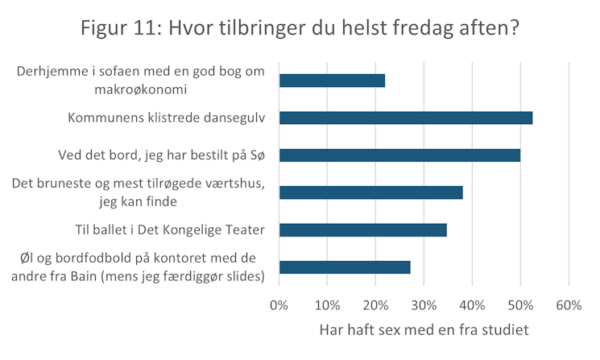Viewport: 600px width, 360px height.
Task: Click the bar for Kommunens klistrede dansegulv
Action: (x=406, y=118)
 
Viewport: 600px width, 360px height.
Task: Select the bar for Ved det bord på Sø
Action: (x=399, y=155)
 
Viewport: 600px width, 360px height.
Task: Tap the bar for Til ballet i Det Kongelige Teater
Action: (x=362, y=230)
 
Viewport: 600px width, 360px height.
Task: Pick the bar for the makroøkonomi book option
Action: (x=332, y=81)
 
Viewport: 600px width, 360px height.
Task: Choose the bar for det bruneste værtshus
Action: (x=370, y=192)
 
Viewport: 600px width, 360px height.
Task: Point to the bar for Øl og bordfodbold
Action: (x=345, y=267)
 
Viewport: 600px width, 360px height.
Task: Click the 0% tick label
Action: (x=279, y=306)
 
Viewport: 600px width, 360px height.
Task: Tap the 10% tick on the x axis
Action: (x=327, y=306)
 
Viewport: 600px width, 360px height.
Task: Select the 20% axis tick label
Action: (x=375, y=306)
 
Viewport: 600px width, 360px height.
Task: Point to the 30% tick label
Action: (x=424, y=306)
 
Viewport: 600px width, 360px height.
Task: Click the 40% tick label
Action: (x=472, y=306)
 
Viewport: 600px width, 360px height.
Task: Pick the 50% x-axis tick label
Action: (x=520, y=306)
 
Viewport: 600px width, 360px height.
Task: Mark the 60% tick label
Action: (x=569, y=306)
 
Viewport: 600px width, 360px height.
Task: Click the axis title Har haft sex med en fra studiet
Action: (x=424, y=329)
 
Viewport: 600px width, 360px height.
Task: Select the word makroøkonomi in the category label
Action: (x=140, y=89)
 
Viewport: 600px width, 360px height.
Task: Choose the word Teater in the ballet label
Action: (x=246, y=230)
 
